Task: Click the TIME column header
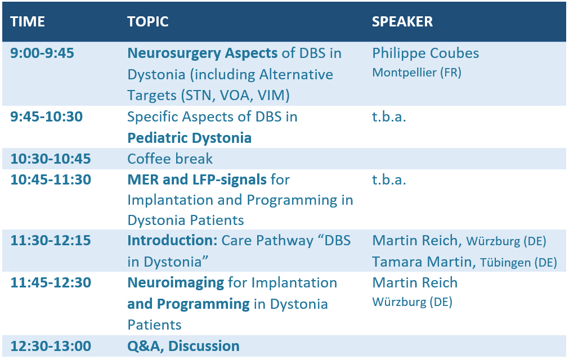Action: [x=28, y=22]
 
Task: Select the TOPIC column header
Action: [x=147, y=22]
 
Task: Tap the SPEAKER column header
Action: [x=402, y=22]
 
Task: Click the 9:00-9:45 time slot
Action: [x=42, y=53]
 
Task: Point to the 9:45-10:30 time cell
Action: [x=47, y=117]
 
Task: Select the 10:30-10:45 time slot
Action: [x=51, y=159]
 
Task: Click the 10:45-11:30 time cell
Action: [x=51, y=180]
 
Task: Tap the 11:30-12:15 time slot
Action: [x=51, y=240]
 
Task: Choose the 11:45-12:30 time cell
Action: [x=51, y=283]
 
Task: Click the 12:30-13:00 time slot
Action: [x=51, y=346]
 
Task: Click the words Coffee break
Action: [x=170, y=159]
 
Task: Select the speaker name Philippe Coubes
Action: [x=425, y=53]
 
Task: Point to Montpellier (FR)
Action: [x=416, y=73]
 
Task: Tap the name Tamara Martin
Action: [x=422, y=262]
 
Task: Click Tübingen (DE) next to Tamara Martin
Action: [x=518, y=263]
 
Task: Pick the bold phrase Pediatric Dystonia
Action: [x=190, y=138]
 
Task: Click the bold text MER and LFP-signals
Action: [x=197, y=180]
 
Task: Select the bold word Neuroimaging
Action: [x=176, y=283]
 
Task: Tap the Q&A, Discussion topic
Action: [x=183, y=346]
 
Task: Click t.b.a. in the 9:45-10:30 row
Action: [x=389, y=117]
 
